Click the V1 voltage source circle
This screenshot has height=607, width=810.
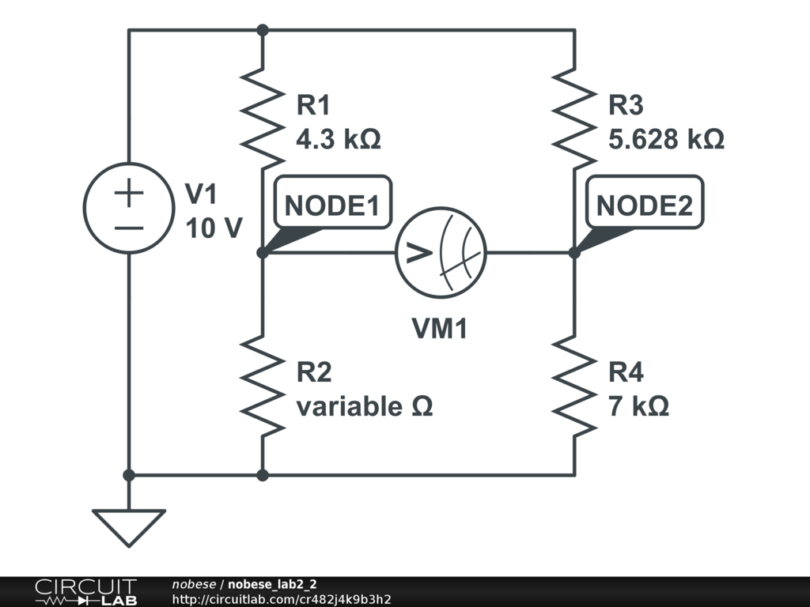tap(129, 208)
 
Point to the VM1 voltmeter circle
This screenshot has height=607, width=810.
tap(441, 253)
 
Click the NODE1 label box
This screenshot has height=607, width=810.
tap(331, 205)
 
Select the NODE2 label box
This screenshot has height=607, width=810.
tap(644, 205)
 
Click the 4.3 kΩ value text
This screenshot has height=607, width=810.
tap(338, 140)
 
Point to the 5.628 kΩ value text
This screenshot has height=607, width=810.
tap(666, 140)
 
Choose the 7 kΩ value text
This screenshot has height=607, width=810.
tap(638, 407)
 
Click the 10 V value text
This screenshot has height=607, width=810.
tap(214, 228)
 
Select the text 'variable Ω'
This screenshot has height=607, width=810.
tap(365, 407)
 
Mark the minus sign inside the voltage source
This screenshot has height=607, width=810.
tap(129, 227)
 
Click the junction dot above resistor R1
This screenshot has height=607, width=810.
tap(263, 30)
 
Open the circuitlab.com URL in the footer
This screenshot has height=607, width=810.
tap(282, 600)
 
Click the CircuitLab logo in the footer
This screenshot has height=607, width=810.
tap(85, 592)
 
